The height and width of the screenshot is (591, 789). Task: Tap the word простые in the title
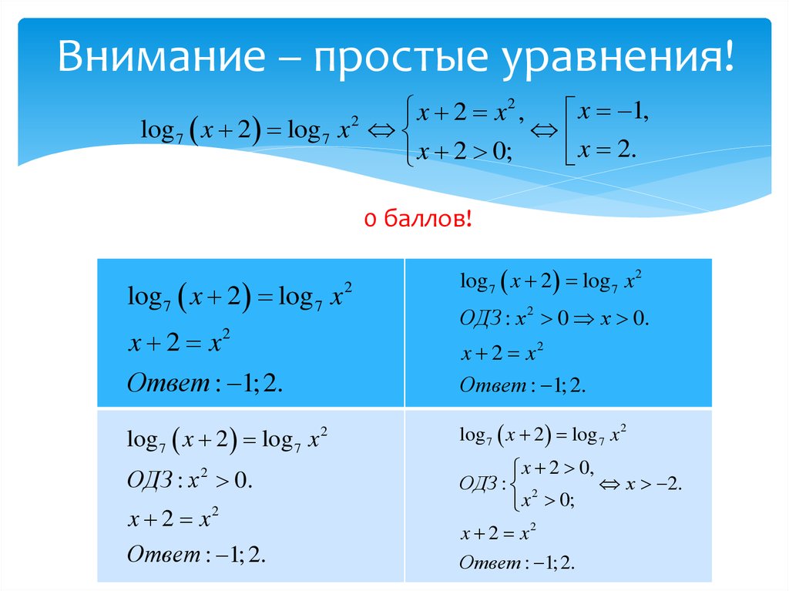tap(401, 56)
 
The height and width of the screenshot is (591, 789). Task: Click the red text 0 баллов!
tap(418, 219)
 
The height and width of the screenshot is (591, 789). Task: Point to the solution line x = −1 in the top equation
tap(613, 111)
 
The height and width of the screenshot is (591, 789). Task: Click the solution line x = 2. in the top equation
tap(607, 150)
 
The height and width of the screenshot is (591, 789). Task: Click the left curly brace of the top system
tap(408, 130)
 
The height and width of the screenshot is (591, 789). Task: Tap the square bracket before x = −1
tap(569, 131)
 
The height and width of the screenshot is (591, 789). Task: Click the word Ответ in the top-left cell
tap(168, 383)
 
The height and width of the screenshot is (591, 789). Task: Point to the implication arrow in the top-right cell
tap(584, 319)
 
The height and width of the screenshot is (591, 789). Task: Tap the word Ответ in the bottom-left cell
tap(163, 555)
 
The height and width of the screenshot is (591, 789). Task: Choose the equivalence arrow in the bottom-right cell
tap(609, 485)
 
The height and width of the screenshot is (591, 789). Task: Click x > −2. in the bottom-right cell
tap(653, 484)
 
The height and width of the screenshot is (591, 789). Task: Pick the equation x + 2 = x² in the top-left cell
tap(179, 342)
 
